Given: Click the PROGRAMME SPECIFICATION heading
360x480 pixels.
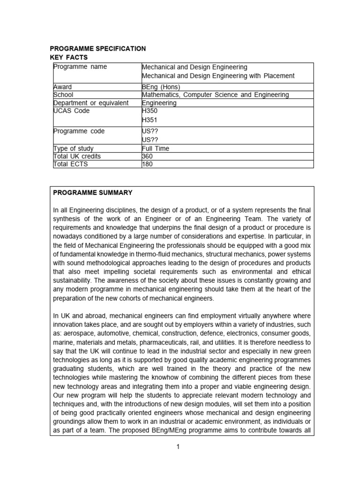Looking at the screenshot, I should pyautogui.click(x=97, y=49).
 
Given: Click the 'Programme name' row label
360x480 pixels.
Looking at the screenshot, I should pyautogui.click(x=80, y=67).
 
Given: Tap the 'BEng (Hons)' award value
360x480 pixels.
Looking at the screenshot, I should pyautogui.click(x=161, y=87).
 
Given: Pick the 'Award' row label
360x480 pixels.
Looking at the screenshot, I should pyautogui.click(x=63, y=87).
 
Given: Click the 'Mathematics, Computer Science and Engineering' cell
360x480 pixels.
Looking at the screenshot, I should pyautogui.click(x=215, y=95).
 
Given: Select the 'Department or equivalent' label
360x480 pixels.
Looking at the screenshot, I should pyautogui.click(x=91, y=103).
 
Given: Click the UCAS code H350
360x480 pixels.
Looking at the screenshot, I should pyautogui.click(x=150, y=111).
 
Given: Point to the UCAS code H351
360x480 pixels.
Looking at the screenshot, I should pyautogui.click(x=150, y=120).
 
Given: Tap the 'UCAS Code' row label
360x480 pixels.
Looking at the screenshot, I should pyautogui.click(x=72, y=111).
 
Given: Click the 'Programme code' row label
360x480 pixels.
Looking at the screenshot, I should pyautogui.click(x=79, y=131).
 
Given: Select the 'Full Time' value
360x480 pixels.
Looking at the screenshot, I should pyautogui.click(x=155, y=149).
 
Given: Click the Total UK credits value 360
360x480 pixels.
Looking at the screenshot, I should pyautogui.click(x=148, y=156).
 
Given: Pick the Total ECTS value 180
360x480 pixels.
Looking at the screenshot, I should pyautogui.click(x=148, y=164).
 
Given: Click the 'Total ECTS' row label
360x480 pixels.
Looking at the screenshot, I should pyautogui.click(x=70, y=164).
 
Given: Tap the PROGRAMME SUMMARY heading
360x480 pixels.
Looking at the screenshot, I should pyautogui.click(x=93, y=193).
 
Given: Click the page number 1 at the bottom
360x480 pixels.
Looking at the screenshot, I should pyautogui.click(x=178, y=447).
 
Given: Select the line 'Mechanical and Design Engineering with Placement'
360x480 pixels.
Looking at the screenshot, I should pyautogui.click(x=218, y=76).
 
